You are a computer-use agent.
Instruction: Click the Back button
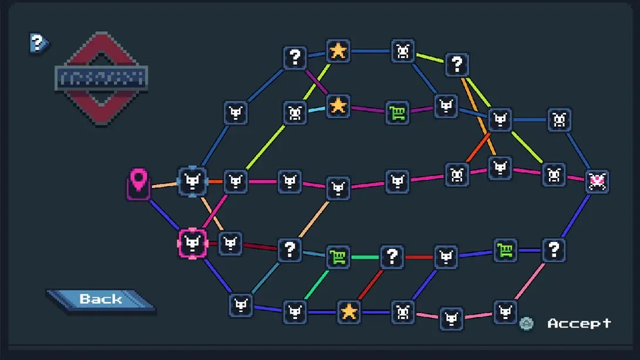tap(100, 300)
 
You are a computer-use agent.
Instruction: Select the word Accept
tap(579, 324)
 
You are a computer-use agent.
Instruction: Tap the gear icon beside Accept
tap(527, 324)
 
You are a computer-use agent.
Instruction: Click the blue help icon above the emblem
tap(38, 42)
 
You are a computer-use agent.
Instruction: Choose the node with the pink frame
tap(193, 243)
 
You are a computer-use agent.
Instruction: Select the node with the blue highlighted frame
tap(193, 181)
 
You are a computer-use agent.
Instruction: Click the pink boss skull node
tap(597, 181)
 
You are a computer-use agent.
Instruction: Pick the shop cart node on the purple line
tap(398, 112)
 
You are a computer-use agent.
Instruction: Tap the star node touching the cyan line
tap(338, 106)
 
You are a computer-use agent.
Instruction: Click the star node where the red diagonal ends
tap(349, 311)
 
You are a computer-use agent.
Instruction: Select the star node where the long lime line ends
tap(338, 51)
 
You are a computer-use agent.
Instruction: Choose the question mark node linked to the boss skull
tap(553, 250)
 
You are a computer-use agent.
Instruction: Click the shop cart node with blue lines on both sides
tap(505, 250)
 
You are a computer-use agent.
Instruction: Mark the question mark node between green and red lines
tap(392, 257)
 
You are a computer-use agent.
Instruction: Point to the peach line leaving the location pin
tap(164, 186)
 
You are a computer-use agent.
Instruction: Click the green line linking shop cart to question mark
tap(365, 257)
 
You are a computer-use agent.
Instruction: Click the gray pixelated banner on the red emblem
tap(100, 78)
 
